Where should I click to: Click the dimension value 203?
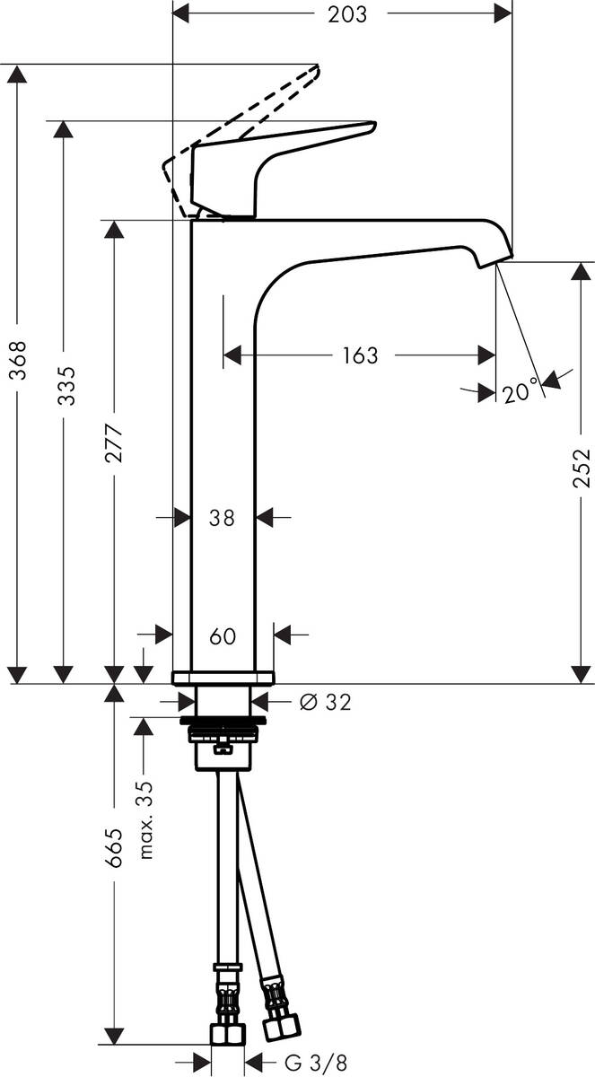click(x=342, y=14)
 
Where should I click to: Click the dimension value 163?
click(x=359, y=355)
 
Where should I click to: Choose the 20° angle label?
click(x=520, y=392)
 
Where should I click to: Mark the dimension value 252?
click(x=581, y=468)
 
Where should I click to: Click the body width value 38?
click(x=222, y=518)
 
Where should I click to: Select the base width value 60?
click(x=222, y=636)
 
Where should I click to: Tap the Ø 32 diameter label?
click(x=321, y=703)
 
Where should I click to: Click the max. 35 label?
click(x=146, y=819)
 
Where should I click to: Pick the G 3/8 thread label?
click(x=315, y=1064)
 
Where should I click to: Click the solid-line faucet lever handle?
click(x=269, y=153)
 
